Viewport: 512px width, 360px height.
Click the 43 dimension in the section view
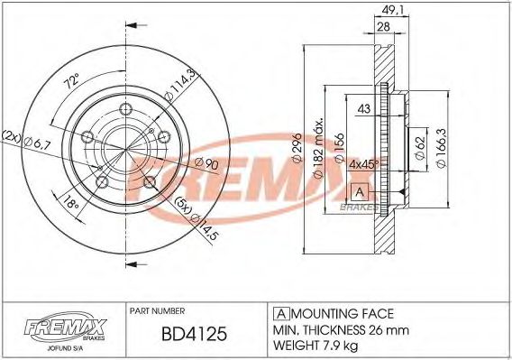click(x=365, y=109)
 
